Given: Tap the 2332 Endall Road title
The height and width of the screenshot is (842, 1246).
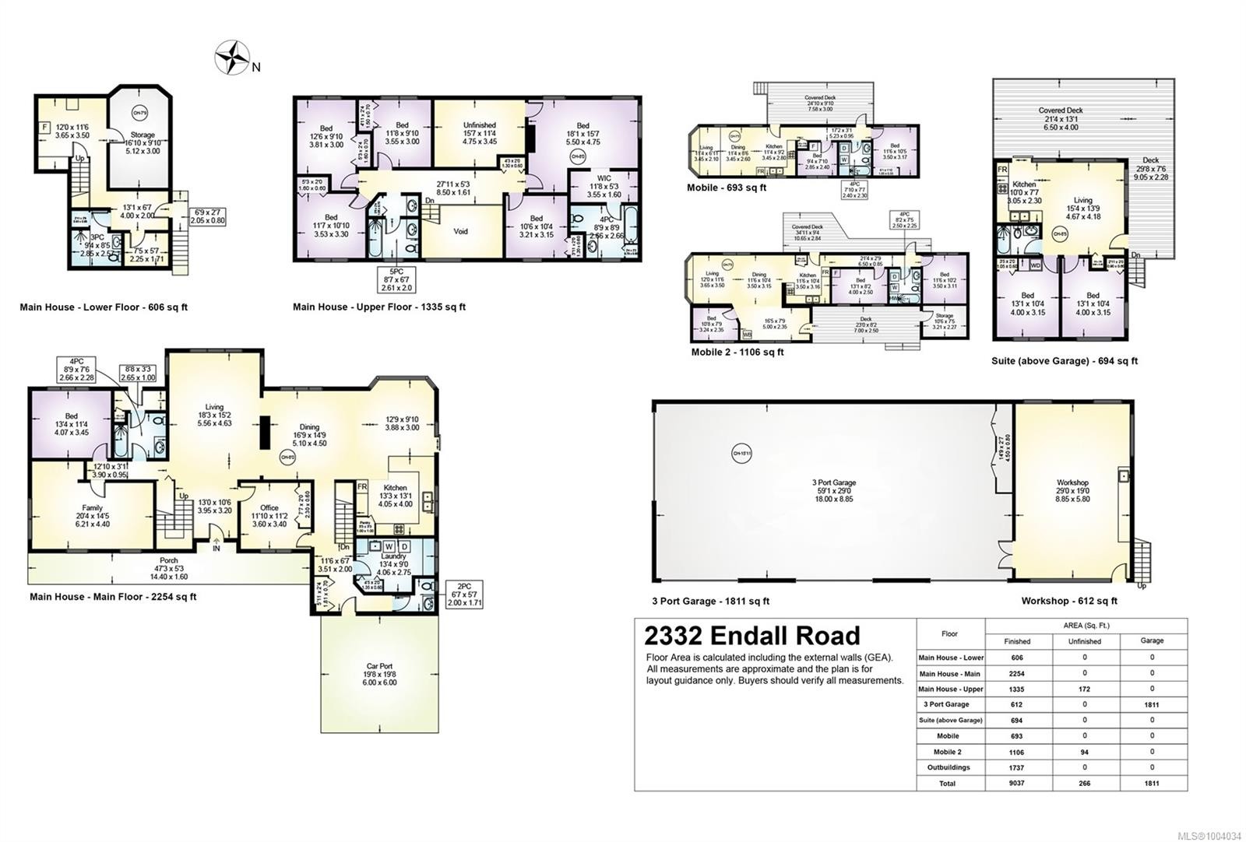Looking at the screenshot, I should [x=751, y=636].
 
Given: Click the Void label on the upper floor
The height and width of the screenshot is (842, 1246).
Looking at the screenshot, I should [x=460, y=231].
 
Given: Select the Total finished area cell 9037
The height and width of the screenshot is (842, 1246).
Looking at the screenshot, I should [x=1016, y=783].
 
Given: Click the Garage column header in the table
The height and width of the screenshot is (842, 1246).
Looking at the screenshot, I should [x=1152, y=640].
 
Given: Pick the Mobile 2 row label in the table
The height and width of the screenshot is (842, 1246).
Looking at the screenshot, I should [x=948, y=752].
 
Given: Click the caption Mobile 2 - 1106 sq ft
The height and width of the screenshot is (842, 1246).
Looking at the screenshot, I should [x=737, y=352].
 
